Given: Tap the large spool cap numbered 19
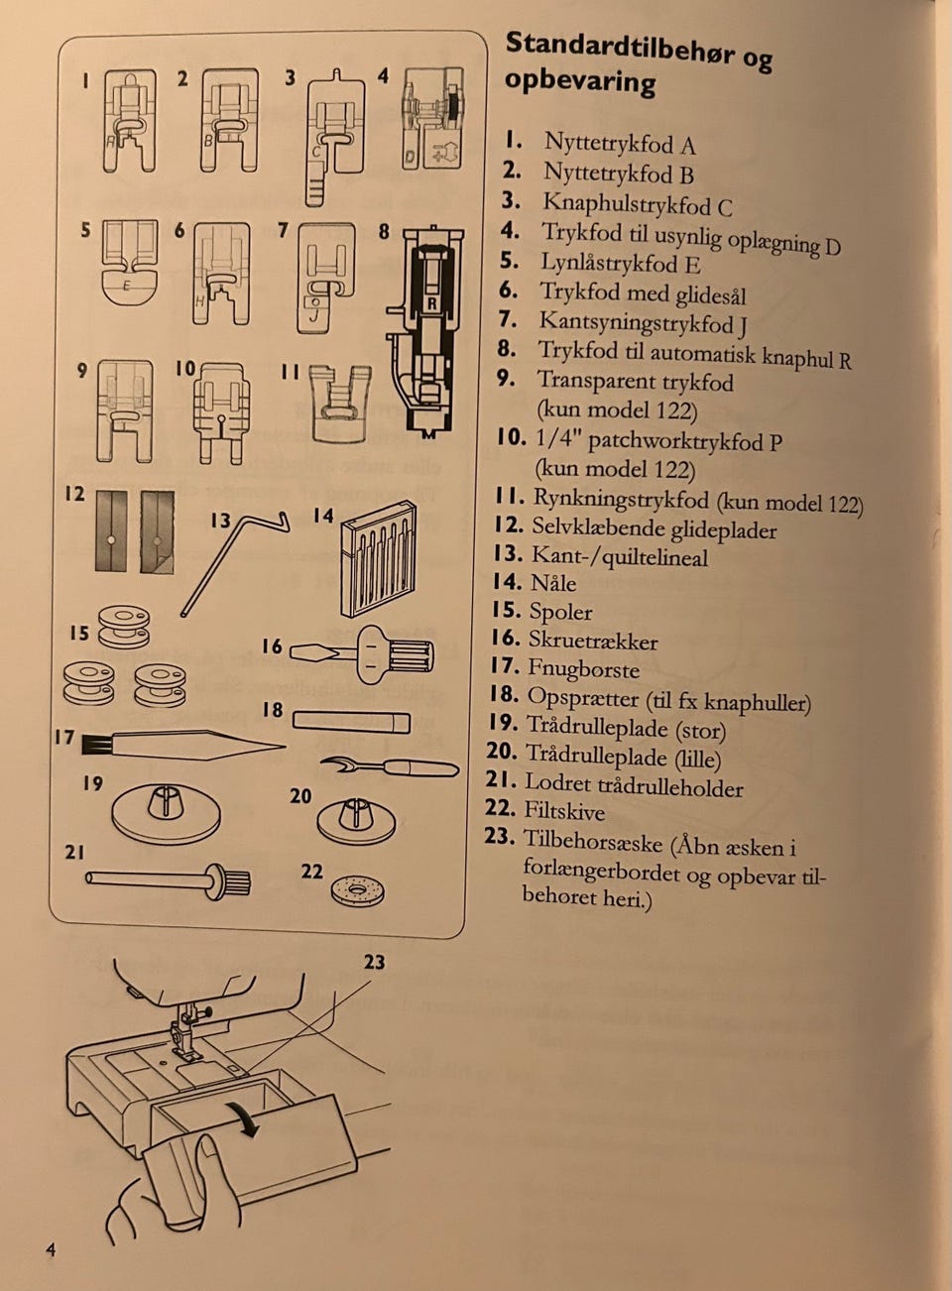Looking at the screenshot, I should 166,807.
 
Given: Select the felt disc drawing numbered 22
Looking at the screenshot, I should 357,891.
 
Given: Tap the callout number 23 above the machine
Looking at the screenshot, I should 373,962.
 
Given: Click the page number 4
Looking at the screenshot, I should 51,1249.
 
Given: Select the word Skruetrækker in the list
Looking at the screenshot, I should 592,642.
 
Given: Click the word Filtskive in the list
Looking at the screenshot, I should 563,812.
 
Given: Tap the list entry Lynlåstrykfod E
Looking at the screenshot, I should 620,263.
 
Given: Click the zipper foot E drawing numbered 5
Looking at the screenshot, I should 129,262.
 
